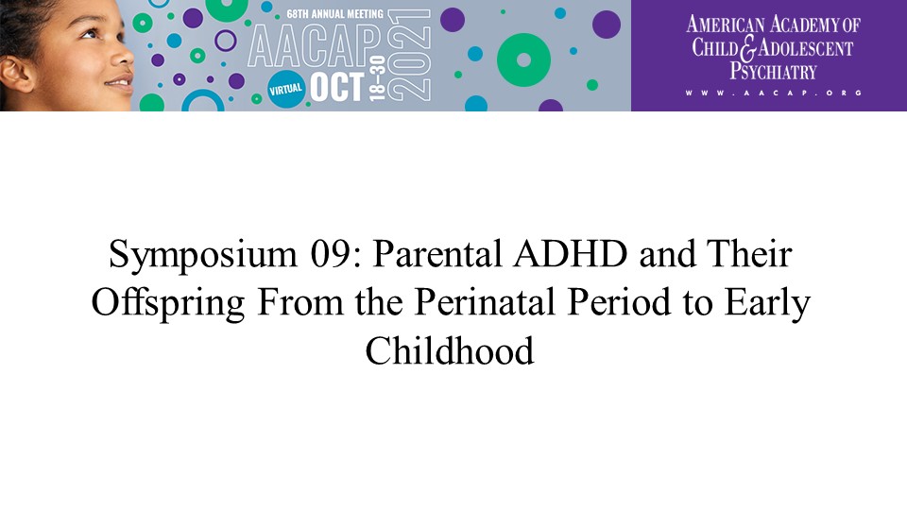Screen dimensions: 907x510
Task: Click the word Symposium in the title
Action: tap(203, 255)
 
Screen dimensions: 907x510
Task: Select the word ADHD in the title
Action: tap(571, 254)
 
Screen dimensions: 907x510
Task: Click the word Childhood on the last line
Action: tap(450, 350)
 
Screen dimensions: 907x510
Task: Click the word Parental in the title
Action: tap(437, 254)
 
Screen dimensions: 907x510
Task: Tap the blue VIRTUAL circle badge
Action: tap(286, 89)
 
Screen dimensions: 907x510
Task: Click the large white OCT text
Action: tap(337, 88)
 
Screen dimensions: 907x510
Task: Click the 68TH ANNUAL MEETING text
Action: tap(334, 14)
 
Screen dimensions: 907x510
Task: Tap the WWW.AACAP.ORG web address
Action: tap(774, 93)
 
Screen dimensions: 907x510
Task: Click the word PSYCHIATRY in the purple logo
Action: tap(773, 72)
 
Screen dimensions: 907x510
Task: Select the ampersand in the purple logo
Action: tap(748, 48)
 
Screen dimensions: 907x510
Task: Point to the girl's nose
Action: tap(123, 56)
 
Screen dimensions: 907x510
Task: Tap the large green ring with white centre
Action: tap(523, 60)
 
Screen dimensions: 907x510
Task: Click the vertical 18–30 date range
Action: tap(377, 78)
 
